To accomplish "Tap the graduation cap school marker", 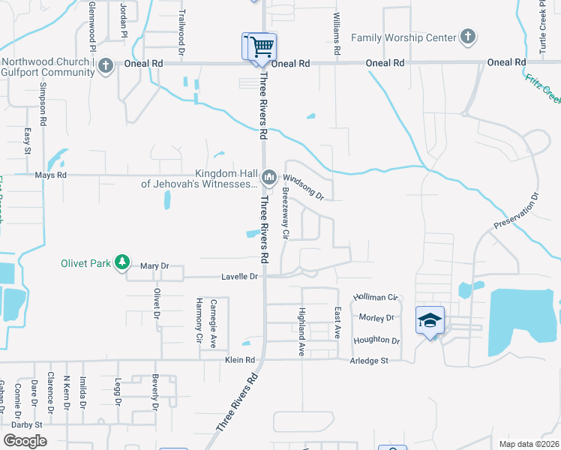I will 430,320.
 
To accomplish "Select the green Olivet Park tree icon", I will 121,262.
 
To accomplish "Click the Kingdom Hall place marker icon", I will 269,177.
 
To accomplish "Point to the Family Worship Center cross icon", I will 467,37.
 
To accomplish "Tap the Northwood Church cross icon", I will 106,66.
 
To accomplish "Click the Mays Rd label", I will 51,175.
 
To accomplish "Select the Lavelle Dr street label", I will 239,277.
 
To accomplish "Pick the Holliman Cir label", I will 374,298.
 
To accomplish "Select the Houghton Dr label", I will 376,340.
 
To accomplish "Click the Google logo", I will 25,441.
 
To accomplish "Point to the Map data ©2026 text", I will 528,444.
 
